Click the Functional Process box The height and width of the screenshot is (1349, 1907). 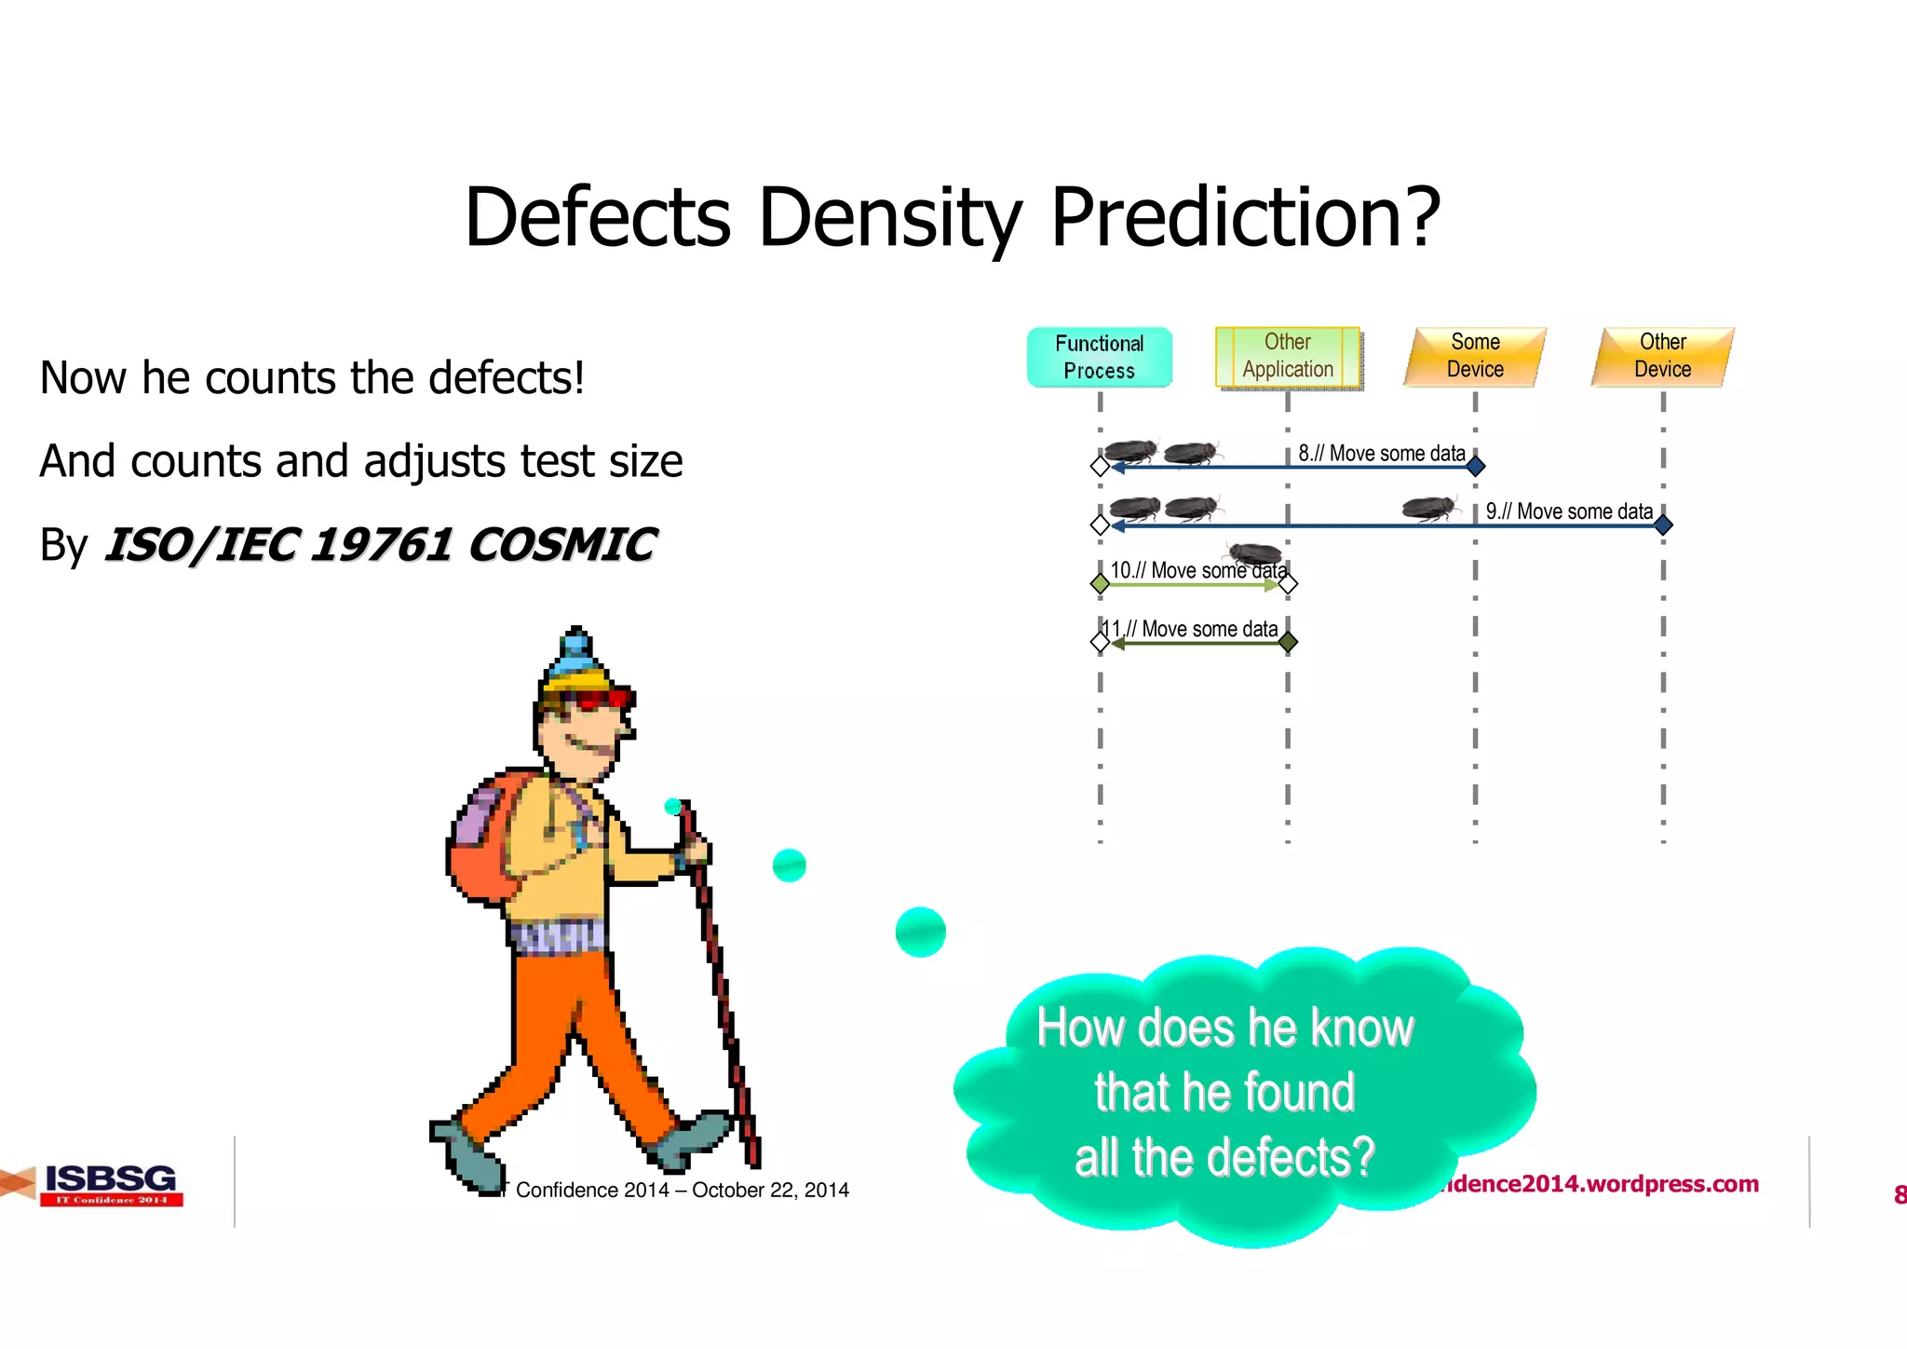(1099, 357)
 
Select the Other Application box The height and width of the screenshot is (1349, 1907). (1287, 356)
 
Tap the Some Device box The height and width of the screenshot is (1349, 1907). (1475, 356)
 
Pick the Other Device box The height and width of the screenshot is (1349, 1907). (1662, 356)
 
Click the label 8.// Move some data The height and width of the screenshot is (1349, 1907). (1382, 454)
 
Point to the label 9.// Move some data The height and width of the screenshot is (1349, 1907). (1569, 511)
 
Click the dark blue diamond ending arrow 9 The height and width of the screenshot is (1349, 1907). (1663, 525)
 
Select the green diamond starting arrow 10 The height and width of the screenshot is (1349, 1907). (1100, 584)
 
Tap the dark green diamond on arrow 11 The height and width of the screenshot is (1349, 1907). (1288, 642)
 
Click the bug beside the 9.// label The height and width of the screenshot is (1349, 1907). (1429, 509)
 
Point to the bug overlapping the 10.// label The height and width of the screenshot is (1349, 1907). (1255, 554)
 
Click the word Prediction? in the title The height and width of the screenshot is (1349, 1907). (1245, 217)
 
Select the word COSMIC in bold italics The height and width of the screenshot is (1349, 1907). (561, 545)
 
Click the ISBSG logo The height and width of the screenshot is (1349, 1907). (110, 1184)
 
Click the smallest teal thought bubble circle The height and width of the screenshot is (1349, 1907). (673, 807)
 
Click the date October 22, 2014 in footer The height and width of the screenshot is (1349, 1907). (770, 1190)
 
